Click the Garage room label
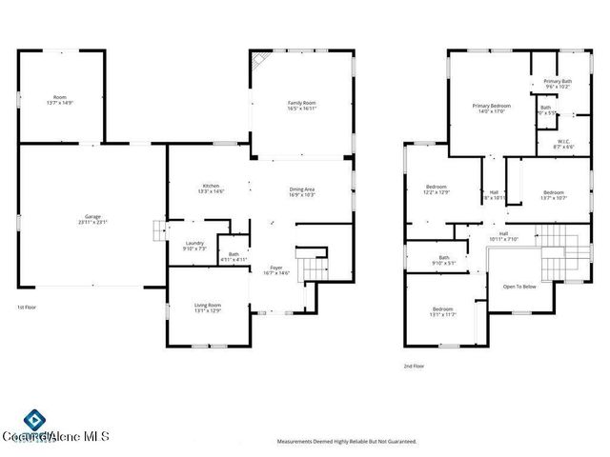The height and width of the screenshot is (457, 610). click(91, 216)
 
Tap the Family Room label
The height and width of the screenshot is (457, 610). click(302, 102)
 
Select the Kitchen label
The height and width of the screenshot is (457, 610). click(211, 185)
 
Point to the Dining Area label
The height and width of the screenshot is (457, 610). click(302, 189)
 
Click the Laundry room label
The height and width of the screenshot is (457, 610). click(193, 244)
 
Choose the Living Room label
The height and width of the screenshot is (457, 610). click(208, 305)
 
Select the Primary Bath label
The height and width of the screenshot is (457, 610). click(559, 82)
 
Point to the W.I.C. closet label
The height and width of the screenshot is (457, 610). click(564, 141)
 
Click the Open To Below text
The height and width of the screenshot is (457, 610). click(519, 287)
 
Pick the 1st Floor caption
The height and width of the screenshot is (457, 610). click(28, 308)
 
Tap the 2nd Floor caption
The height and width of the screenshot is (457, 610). click(415, 366)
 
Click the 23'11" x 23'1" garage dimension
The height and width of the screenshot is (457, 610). click(91, 222)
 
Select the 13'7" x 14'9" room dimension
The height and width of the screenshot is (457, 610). click(60, 102)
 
